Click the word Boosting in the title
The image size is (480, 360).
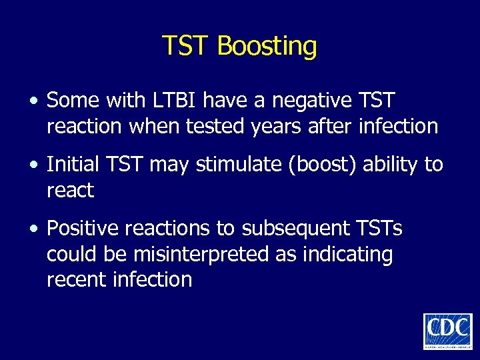[x=267, y=47]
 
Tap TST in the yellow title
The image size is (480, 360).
[x=187, y=46]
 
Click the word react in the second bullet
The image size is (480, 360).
[x=70, y=190]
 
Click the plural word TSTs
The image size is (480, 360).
[x=378, y=229]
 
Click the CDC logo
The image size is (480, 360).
[x=447, y=331]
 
